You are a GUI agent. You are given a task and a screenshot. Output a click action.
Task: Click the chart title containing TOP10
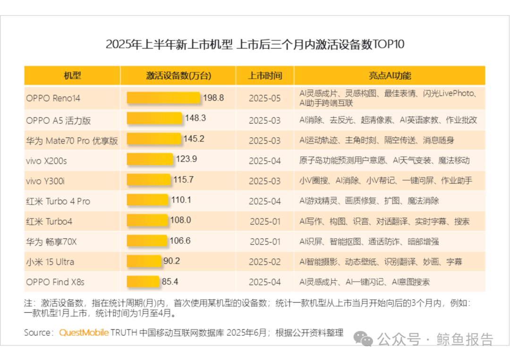pos(255,44)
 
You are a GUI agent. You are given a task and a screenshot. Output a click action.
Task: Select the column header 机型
pos(72,75)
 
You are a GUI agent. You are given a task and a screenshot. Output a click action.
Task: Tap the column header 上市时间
pos(265,75)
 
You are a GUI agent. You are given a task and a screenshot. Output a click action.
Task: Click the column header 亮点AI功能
pos(390,75)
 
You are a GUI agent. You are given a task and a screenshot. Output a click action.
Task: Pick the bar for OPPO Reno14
pos(163,98)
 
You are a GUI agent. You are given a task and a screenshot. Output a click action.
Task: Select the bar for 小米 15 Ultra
pos(144,261)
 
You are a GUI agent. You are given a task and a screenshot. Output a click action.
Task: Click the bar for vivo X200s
pos(150,159)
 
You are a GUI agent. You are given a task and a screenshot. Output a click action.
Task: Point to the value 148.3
pos(195,118)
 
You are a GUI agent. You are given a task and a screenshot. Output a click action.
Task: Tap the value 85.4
pos(170,281)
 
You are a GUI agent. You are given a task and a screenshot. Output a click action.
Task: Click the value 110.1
pos(181,200)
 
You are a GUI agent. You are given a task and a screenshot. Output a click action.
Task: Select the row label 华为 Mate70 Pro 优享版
pos(72,141)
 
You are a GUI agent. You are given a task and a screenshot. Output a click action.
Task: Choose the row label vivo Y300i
pos(45,181)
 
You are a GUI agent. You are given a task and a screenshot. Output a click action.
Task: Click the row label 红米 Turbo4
pos(49,222)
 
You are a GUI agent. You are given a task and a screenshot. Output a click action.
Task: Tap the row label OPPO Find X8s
pos(55,282)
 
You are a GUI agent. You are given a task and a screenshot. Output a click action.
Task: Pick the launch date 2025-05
pos(265,98)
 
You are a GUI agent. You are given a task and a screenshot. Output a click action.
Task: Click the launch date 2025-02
pos(265,262)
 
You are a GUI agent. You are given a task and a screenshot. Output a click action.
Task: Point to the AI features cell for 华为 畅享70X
pos(369,242)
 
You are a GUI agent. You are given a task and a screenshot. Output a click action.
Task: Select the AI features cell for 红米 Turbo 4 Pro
pos(369,201)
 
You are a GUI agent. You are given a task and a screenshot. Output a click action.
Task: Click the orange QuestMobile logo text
pos(84,333)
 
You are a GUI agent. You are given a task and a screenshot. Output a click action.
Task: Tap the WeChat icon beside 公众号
pos(363,339)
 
